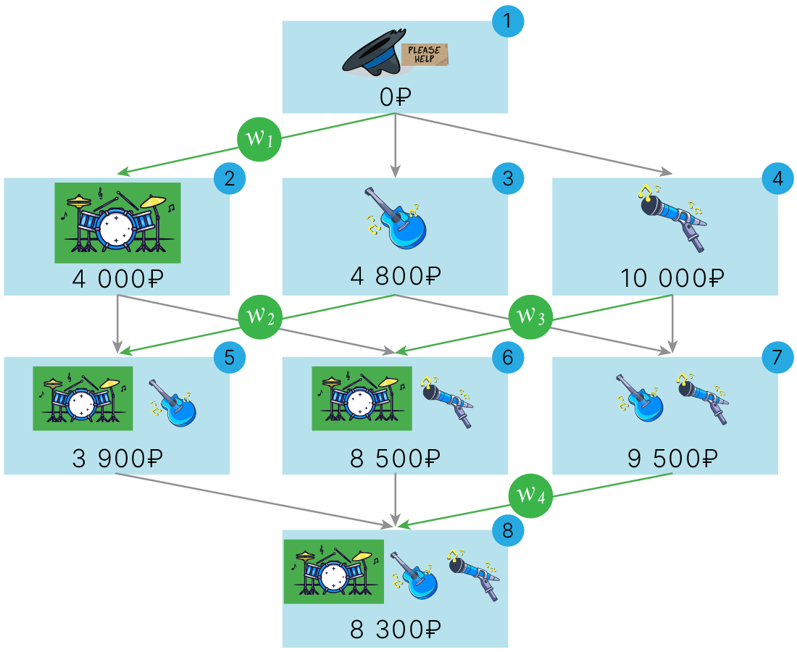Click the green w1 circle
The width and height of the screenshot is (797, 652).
point(259,137)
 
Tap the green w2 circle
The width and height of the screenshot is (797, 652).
point(260,316)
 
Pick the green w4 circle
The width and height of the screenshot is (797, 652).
point(530,495)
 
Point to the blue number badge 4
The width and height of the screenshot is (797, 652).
point(778,179)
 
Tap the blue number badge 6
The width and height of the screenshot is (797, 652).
point(507,357)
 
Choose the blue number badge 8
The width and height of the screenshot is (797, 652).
point(507,532)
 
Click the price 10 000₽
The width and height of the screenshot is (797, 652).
point(672,277)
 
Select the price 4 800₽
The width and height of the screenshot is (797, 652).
point(395,277)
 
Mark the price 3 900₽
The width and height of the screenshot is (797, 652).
point(117,458)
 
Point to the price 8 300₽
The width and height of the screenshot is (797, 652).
point(395,630)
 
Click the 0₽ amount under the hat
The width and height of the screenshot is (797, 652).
point(395,96)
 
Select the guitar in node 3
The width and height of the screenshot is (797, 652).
point(396,219)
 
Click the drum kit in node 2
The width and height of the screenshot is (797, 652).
point(117,222)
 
